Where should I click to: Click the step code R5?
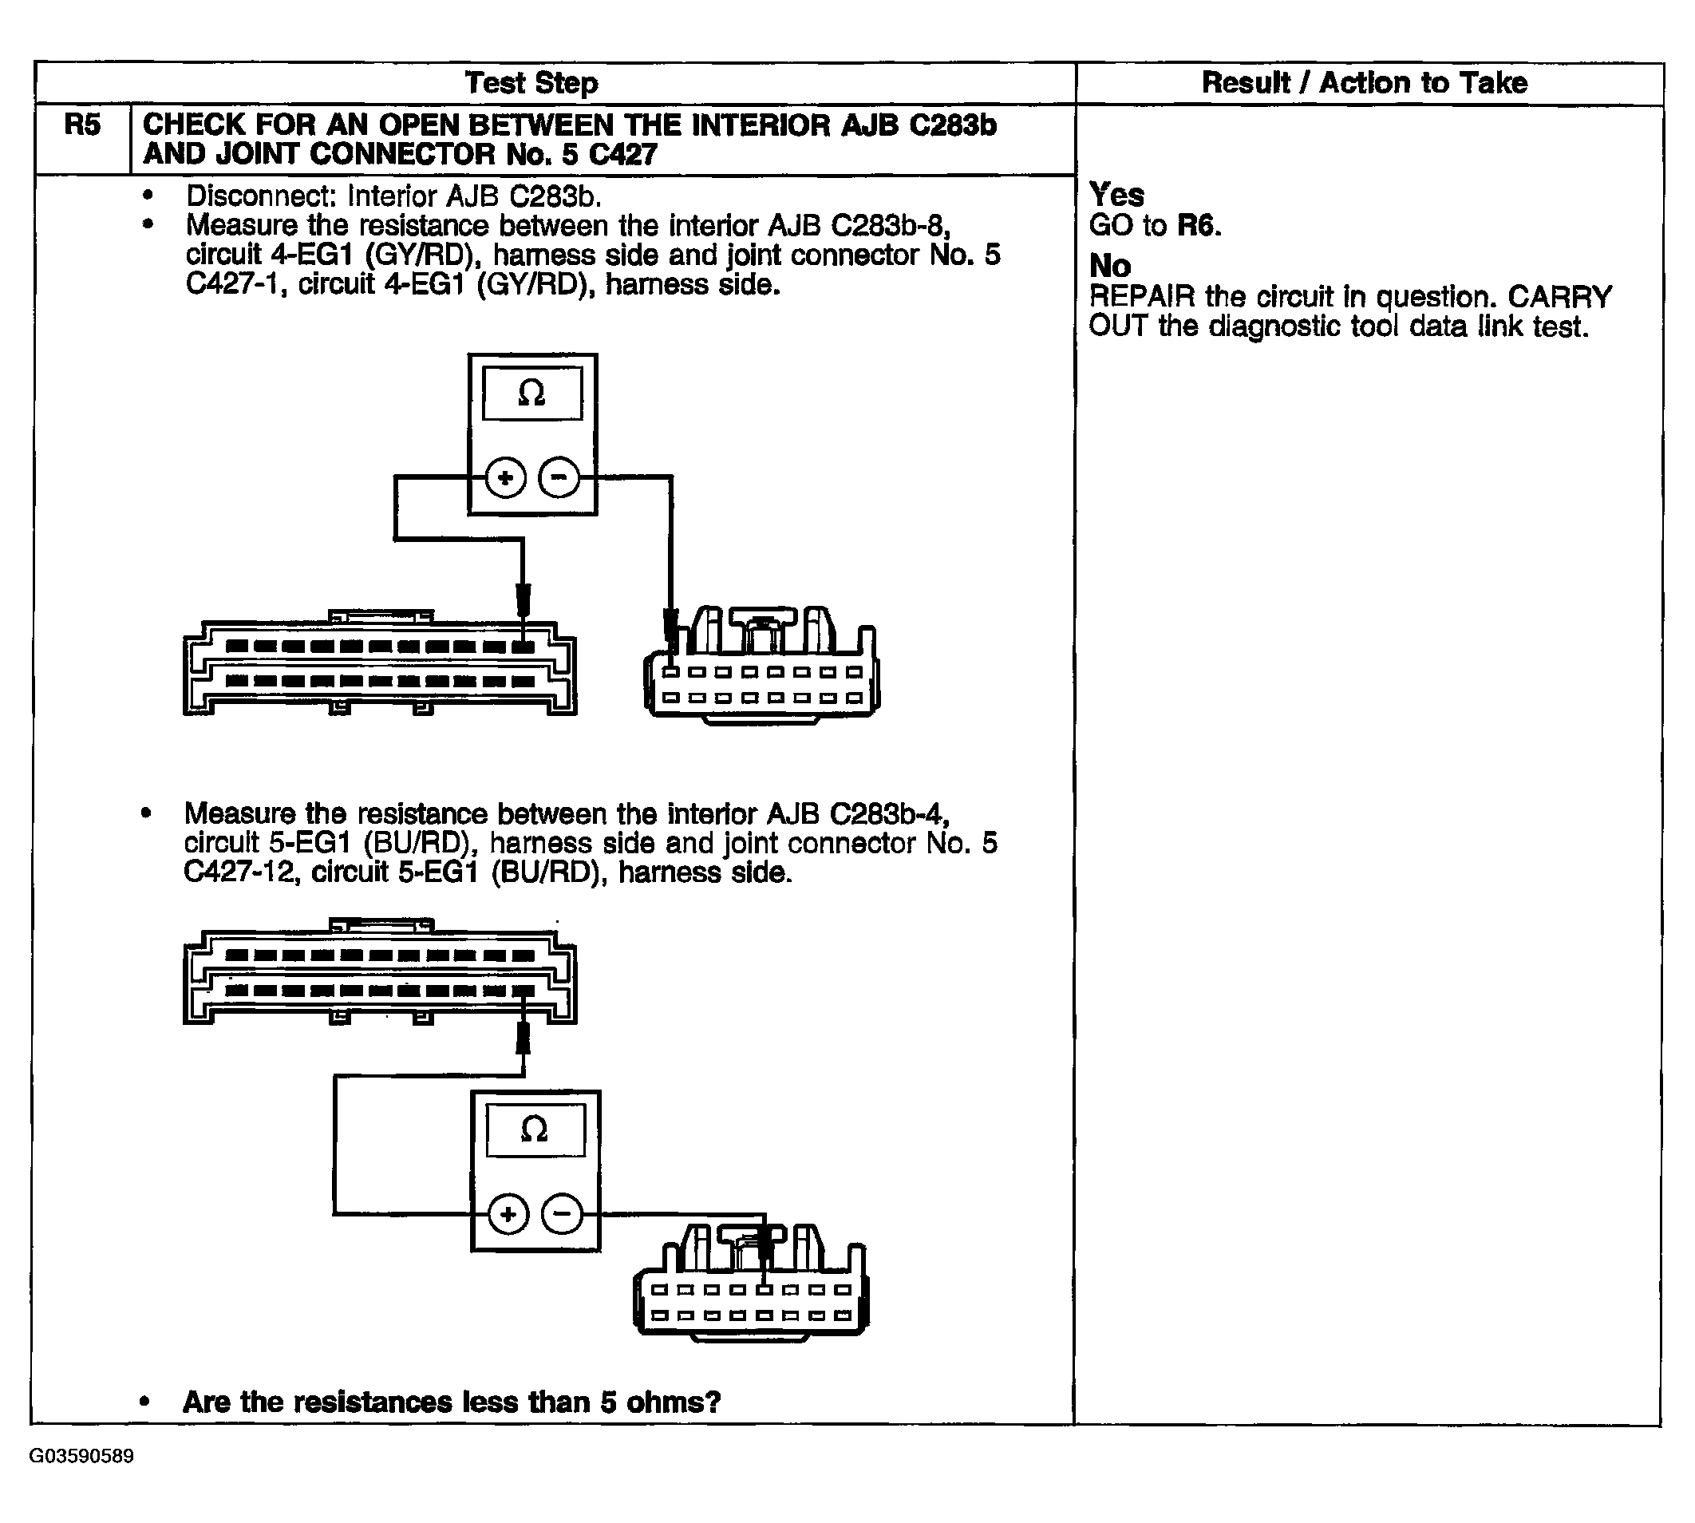coord(82,125)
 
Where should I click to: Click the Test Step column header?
coord(531,83)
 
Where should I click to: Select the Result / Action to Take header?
coord(1364,83)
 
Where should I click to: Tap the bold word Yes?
coord(1116,195)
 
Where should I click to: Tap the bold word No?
coord(1109,266)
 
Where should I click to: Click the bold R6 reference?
coord(1199,225)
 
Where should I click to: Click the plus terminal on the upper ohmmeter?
coord(505,478)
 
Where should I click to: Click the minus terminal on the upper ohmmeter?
coord(559,478)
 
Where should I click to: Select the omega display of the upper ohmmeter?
coord(532,394)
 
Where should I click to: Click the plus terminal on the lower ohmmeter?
coord(508,1214)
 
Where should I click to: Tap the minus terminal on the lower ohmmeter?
coord(563,1214)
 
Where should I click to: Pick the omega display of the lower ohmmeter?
coord(535,1129)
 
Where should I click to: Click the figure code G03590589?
coord(81,1456)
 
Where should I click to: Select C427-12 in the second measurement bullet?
coord(239,872)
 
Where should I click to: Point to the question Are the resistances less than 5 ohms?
coord(451,1402)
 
